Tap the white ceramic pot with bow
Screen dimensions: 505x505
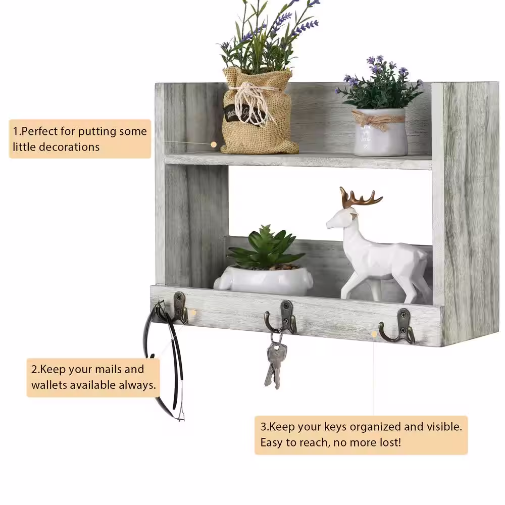pyautogui.click(x=380, y=132)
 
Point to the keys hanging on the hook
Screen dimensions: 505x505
pyautogui.click(x=273, y=360)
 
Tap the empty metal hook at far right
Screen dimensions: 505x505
pyautogui.click(x=399, y=326)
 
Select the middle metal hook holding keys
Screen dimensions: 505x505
pyautogui.click(x=283, y=317)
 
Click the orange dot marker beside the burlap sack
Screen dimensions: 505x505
pyautogui.click(x=214, y=144)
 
